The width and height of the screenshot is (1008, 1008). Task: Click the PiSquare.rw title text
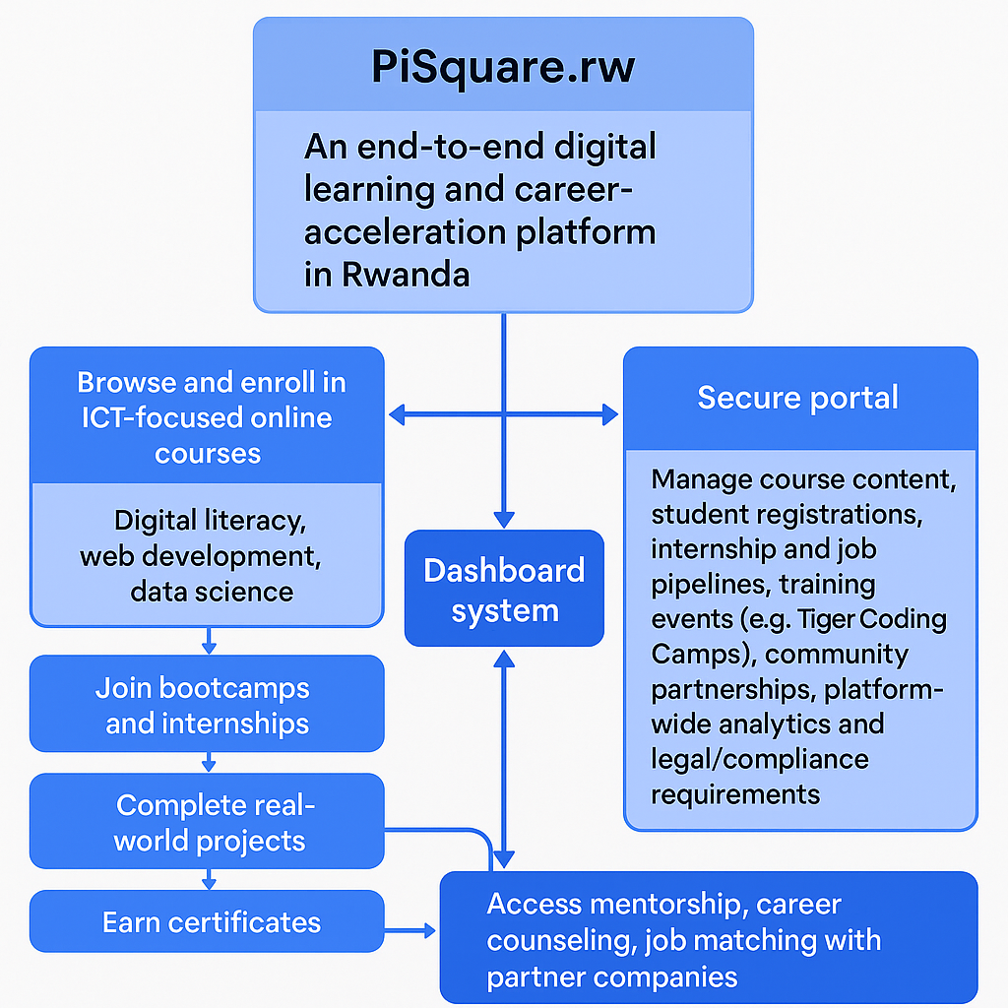click(x=503, y=67)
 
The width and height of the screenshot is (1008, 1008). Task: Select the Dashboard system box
click(x=504, y=589)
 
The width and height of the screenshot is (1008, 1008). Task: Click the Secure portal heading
click(x=797, y=398)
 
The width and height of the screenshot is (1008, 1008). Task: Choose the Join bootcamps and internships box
click(x=207, y=705)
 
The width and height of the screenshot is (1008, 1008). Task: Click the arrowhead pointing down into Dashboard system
click(x=504, y=519)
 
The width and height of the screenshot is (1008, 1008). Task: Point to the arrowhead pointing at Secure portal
click(x=610, y=415)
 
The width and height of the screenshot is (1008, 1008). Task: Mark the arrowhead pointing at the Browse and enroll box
click(x=398, y=415)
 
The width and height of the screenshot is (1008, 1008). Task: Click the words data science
click(x=212, y=591)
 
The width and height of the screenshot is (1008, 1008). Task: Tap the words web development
click(x=201, y=555)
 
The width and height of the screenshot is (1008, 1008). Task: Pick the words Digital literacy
click(x=206, y=520)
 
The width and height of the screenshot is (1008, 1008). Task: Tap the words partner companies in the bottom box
click(x=611, y=976)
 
